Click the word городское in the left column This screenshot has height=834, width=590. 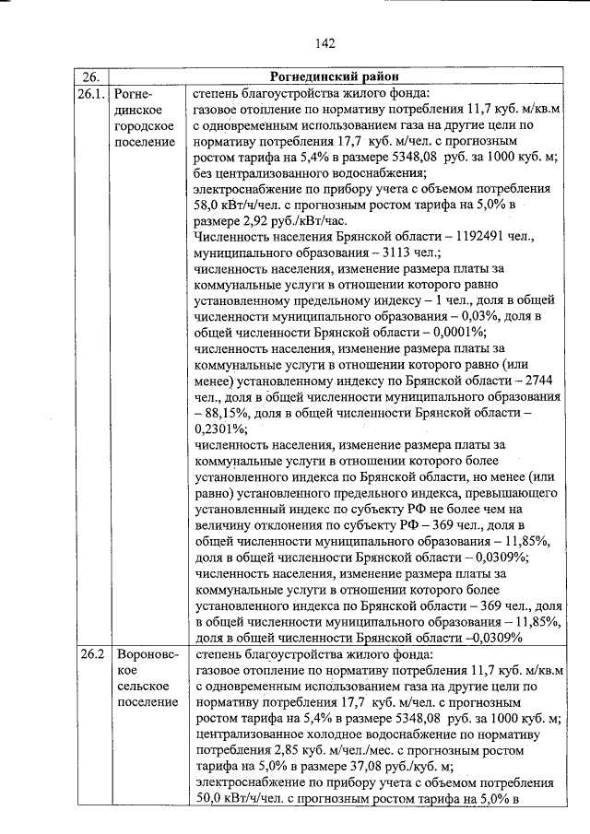(143, 125)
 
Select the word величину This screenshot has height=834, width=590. (227, 525)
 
